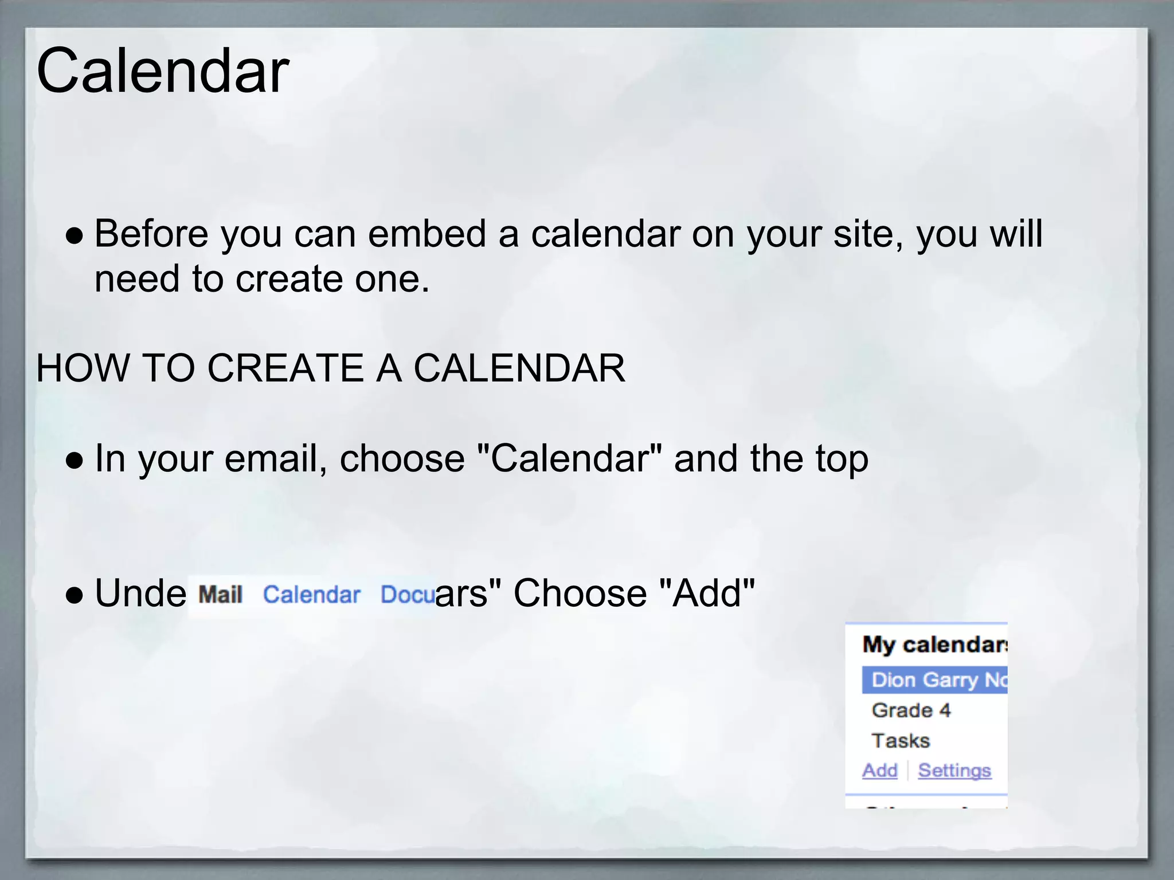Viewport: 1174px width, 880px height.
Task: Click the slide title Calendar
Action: pos(162,71)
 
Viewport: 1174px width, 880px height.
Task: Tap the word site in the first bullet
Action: pos(865,234)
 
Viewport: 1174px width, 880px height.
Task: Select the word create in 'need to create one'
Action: pos(289,280)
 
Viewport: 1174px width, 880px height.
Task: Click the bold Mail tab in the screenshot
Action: pos(221,595)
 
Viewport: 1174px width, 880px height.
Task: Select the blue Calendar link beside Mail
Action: pos(311,595)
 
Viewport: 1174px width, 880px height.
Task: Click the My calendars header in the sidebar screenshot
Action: pos(934,645)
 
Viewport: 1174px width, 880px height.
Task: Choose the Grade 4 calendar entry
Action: pos(911,710)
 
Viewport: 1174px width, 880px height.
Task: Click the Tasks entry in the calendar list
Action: pos(901,741)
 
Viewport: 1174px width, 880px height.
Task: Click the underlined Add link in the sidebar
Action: pos(880,771)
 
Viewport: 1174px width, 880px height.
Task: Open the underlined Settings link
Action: pos(954,771)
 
